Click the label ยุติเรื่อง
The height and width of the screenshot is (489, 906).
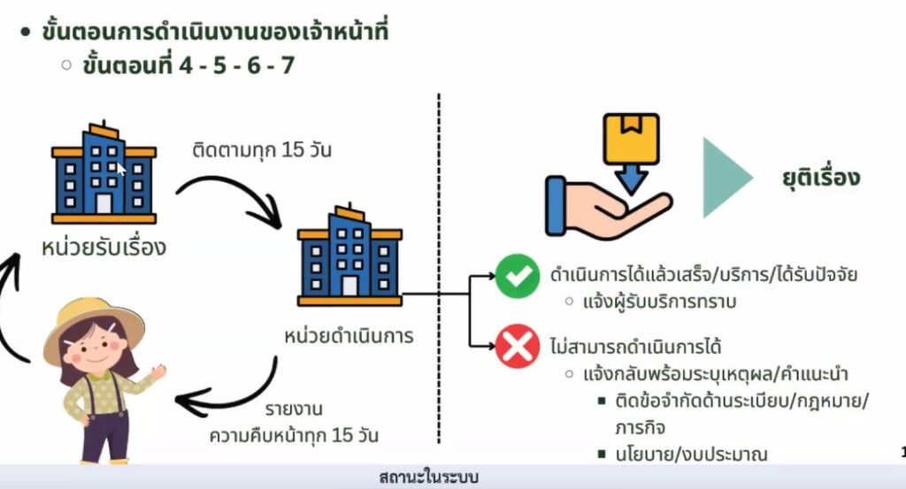(x=820, y=177)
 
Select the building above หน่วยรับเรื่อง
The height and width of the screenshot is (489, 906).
(x=103, y=173)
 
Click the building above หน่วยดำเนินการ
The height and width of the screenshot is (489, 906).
(x=349, y=256)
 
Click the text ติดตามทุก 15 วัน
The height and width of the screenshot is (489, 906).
(x=262, y=149)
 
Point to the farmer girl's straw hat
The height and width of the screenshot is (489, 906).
(x=93, y=322)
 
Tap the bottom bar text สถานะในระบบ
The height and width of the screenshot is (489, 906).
(x=428, y=478)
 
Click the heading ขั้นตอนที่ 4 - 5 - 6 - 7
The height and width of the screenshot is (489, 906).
(x=188, y=65)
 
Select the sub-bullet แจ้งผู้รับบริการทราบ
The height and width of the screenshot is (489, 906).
(x=660, y=302)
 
